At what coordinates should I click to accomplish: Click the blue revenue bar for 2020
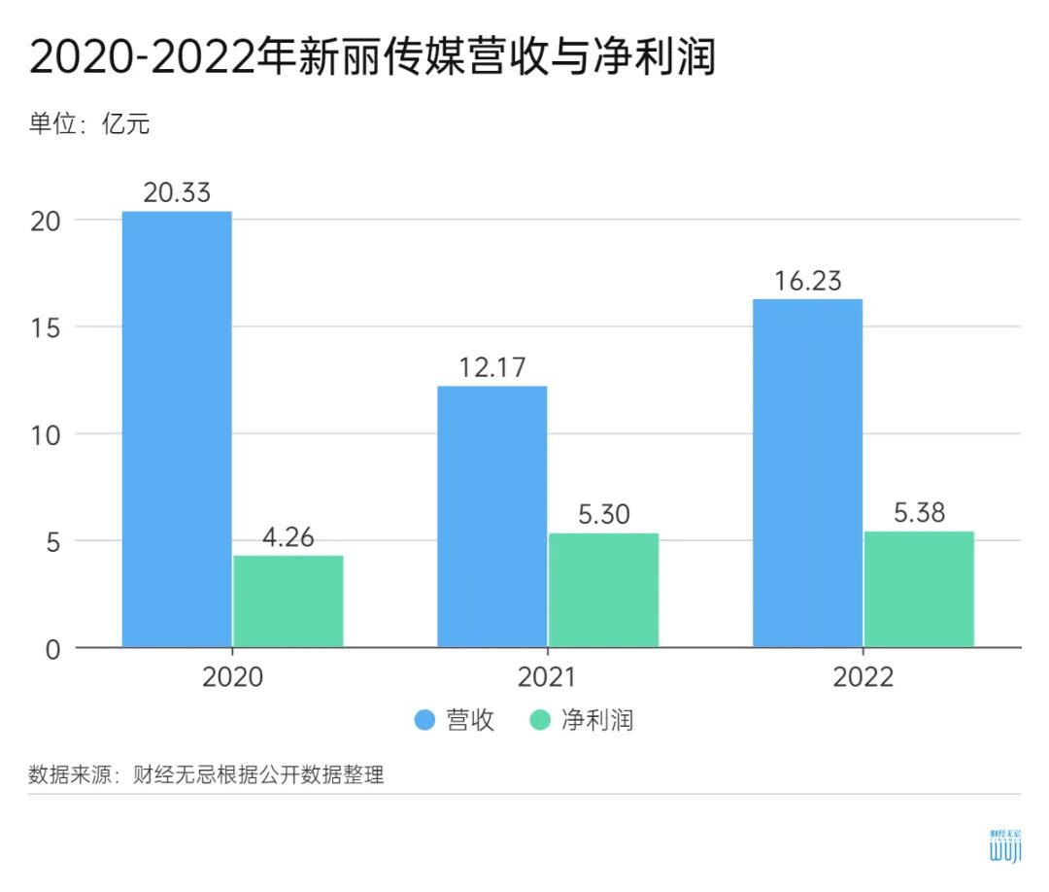(177, 429)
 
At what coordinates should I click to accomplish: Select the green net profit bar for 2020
(288, 600)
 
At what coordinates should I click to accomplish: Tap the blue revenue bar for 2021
(492, 516)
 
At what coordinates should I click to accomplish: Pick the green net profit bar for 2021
(603, 590)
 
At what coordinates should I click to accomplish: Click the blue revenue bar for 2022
(808, 472)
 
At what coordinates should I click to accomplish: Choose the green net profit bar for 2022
(919, 589)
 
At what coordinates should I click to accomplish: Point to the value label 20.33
(177, 192)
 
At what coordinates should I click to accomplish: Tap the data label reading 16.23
(808, 281)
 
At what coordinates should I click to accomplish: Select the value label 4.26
(288, 536)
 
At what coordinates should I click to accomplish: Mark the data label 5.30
(603, 514)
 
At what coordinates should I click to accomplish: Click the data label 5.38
(919, 512)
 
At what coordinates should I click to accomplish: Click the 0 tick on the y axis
(52, 648)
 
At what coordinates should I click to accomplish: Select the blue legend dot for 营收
(424, 721)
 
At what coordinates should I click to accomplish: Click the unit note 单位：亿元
(89, 123)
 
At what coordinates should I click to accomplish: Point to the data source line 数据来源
(206, 775)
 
